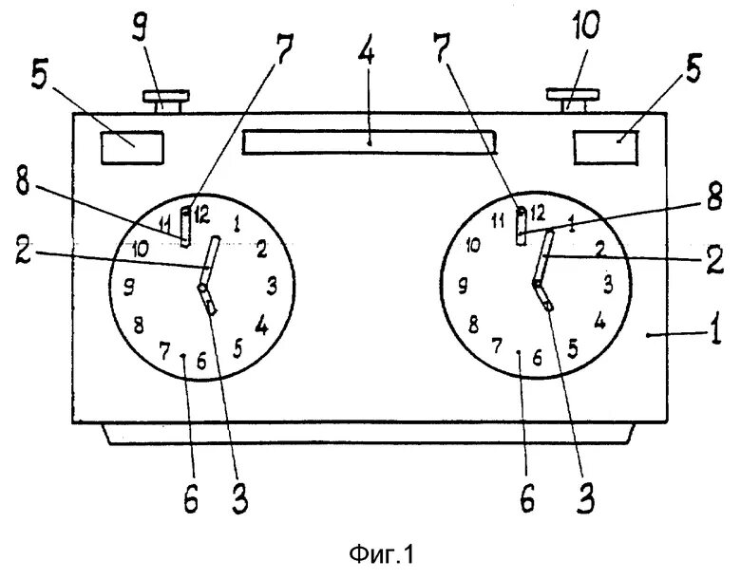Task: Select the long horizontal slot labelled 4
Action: [370, 141]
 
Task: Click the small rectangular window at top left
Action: [131, 148]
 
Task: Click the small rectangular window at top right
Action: [604, 149]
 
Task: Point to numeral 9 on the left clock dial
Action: [129, 285]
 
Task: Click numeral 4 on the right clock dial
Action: [598, 320]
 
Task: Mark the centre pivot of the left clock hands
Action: [202, 287]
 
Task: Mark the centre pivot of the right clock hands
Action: [537, 283]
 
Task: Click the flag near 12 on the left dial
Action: [185, 227]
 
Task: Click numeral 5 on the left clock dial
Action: [238, 348]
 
